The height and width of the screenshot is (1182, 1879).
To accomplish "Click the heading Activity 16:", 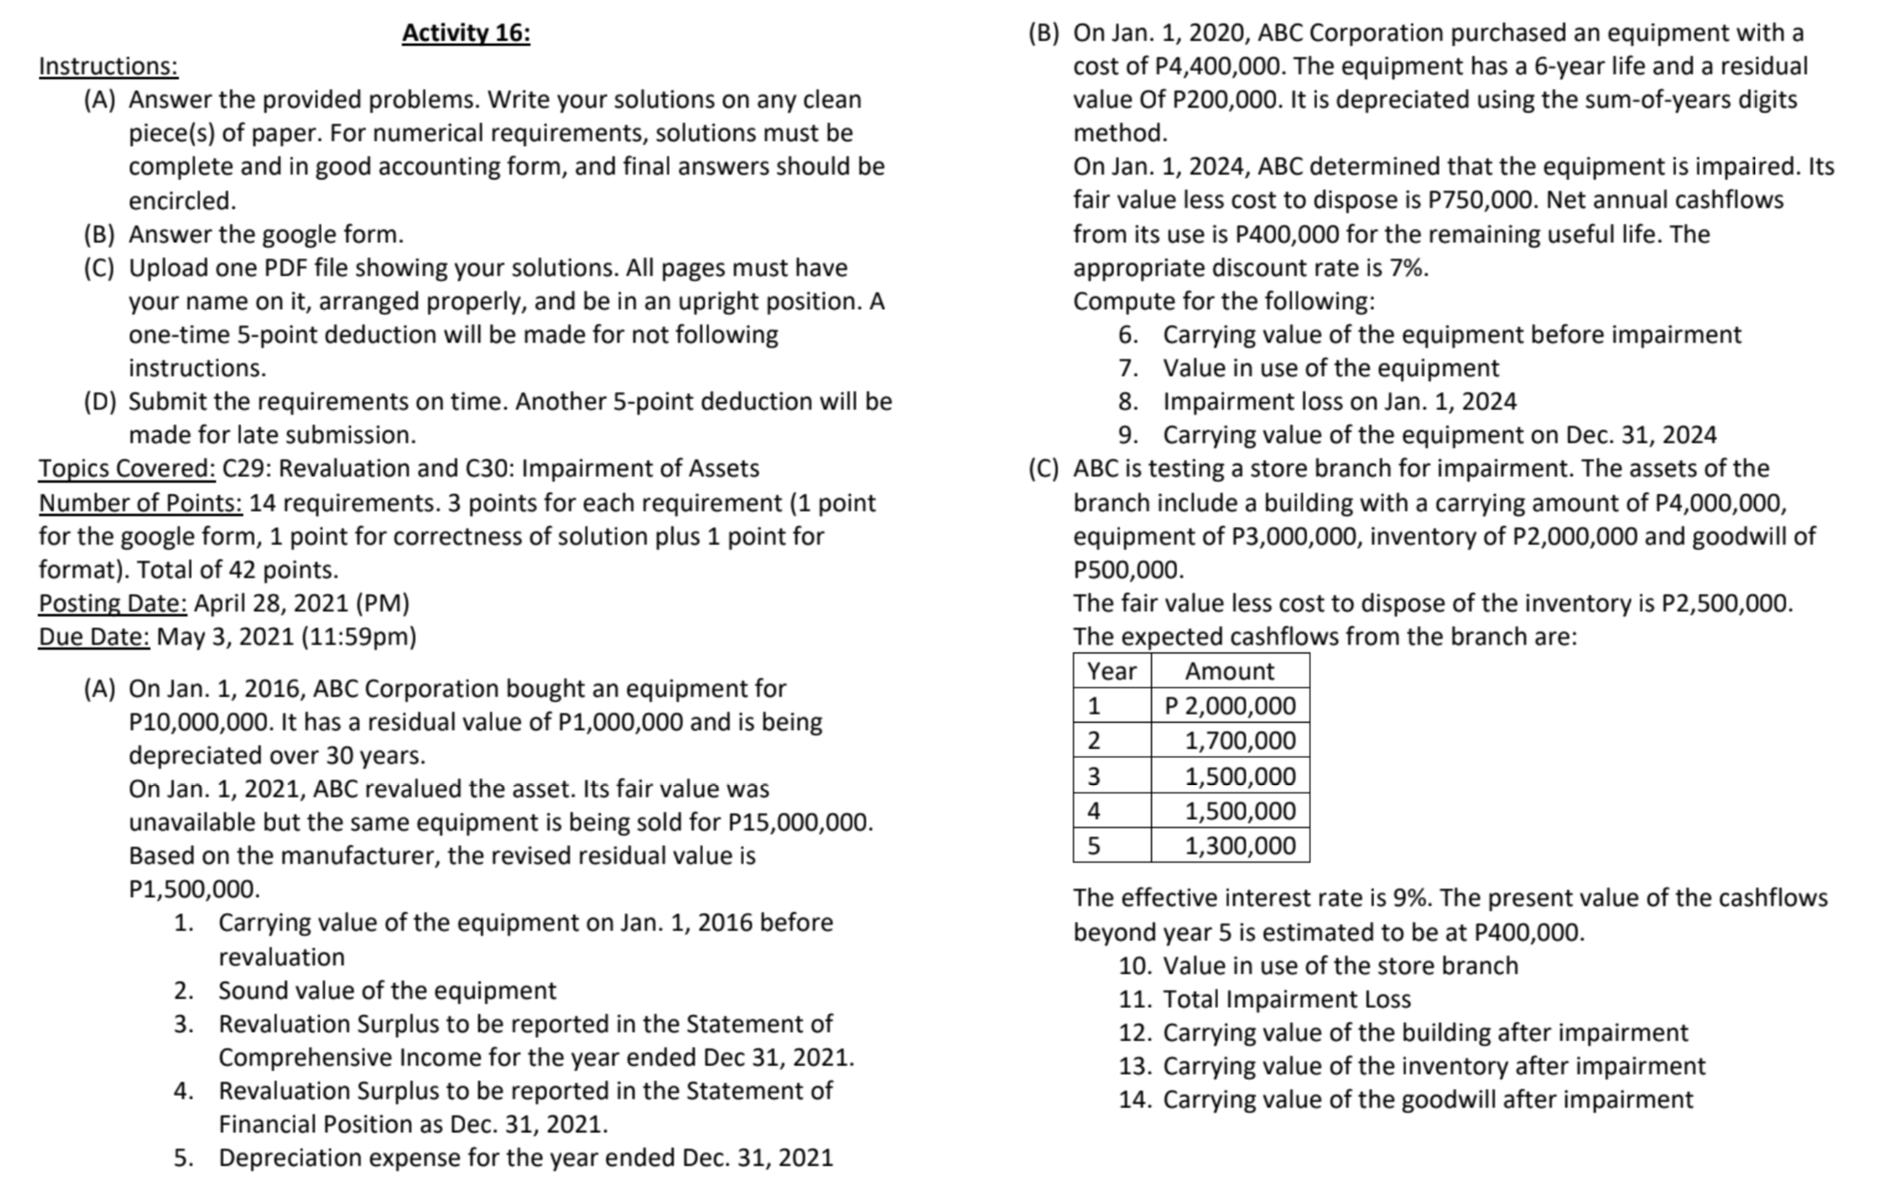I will (x=466, y=33).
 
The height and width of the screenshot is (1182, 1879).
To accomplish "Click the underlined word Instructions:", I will (x=109, y=66).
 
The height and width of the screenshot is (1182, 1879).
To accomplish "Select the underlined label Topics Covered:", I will (x=127, y=469).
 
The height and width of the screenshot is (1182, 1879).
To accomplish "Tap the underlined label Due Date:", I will (x=94, y=637).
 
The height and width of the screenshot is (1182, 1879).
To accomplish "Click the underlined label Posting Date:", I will (x=113, y=604).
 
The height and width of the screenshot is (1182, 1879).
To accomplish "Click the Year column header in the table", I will (x=1111, y=671).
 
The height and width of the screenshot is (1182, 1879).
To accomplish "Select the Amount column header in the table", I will (x=1229, y=671).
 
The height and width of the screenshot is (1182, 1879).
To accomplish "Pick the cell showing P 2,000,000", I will (x=1230, y=706).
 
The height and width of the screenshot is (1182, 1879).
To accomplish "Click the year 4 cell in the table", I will (x=1094, y=811).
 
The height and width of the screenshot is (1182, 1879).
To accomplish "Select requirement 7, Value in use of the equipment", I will (x=1330, y=369).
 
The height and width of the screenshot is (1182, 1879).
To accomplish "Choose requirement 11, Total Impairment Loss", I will (x=1286, y=1000).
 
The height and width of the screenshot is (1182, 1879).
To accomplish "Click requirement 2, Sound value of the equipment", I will (x=386, y=991).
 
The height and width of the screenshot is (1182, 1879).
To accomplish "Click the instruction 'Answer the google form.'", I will (x=266, y=235).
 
